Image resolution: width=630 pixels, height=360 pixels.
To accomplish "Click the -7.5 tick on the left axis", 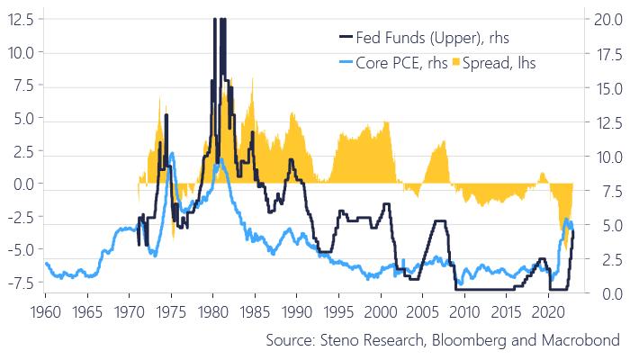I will point(19,282).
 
